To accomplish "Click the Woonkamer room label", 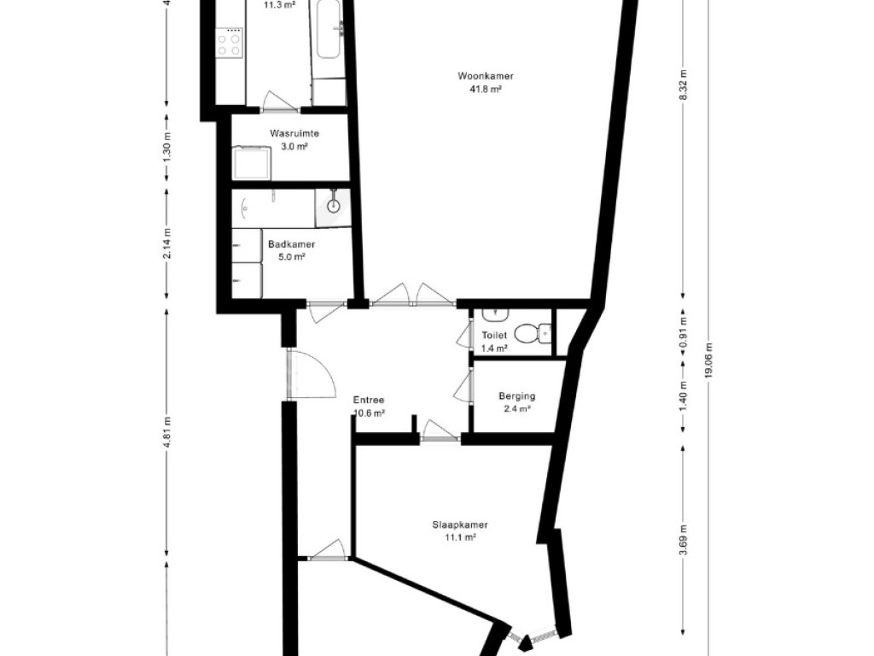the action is [x=485, y=76].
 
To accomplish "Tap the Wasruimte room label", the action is [x=294, y=133].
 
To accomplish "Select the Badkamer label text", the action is [x=292, y=244].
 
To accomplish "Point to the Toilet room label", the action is [x=494, y=335].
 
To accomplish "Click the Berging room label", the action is [x=516, y=396].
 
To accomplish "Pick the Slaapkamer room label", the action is [x=460, y=525].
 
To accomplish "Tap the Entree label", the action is [x=369, y=400].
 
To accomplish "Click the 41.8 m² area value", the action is [x=486, y=89].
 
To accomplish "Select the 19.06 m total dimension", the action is [x=708, y=360].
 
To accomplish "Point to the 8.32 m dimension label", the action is [x=684, y=85].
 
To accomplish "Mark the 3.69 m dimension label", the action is [x=684, y=541].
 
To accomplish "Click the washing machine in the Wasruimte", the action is [x=252, y=163].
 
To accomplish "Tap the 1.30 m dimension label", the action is [x=168, y=149].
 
